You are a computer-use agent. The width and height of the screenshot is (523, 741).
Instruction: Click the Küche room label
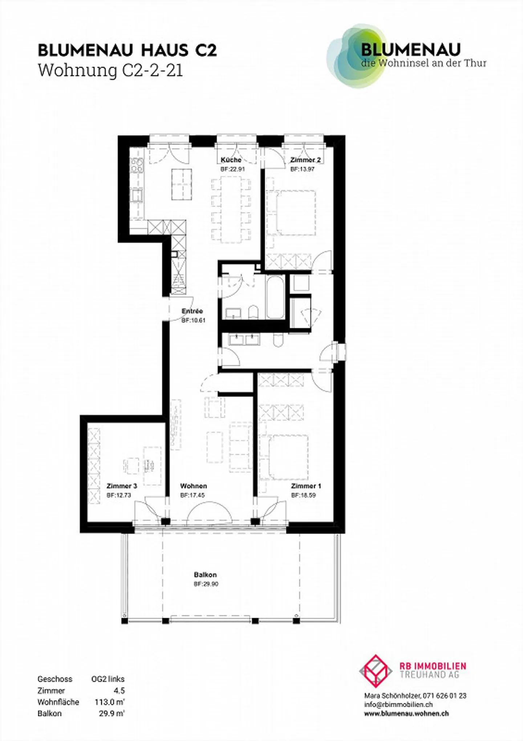231,160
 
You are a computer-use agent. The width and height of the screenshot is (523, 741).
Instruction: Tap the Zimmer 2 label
305,160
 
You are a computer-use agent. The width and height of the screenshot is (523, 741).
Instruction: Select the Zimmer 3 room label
122,486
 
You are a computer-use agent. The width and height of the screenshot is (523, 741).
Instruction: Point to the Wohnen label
194,486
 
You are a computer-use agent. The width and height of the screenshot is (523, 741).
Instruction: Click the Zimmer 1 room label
306,486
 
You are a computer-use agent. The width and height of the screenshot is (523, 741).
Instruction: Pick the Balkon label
205,575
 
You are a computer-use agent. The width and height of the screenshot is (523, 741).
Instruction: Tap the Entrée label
192,311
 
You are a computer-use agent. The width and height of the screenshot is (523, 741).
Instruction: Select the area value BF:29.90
206,584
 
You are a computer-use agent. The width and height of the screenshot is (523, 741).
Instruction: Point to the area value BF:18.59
303,495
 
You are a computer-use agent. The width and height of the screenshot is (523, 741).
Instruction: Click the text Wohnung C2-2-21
110,71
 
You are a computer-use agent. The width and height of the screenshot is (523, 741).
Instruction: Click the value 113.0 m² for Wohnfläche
109,702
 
